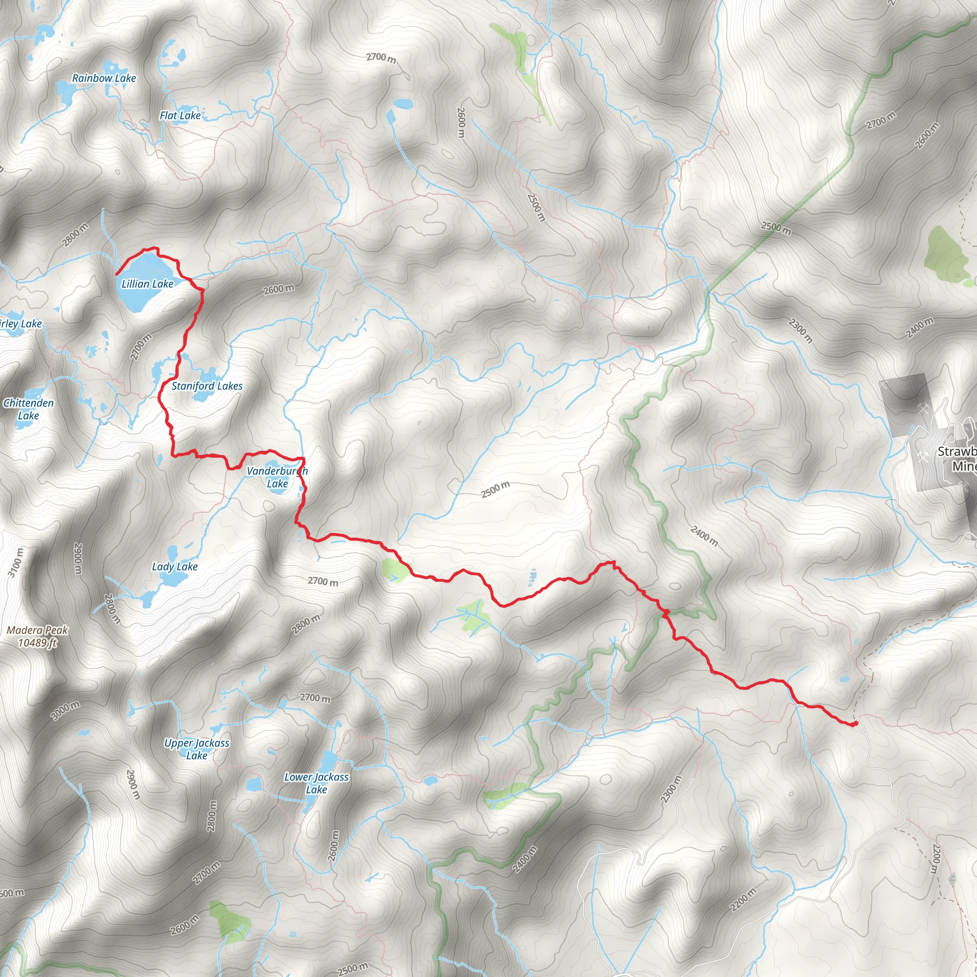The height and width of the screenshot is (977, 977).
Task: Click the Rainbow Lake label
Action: (x=104, y=78)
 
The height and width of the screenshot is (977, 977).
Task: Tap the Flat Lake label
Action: (x=180, y=116)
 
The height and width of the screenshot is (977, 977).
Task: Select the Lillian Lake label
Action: (x=147, y=284)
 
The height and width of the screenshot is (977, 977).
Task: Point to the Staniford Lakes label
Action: (x=207, y=386)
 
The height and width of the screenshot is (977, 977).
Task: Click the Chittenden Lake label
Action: (x=28, y=409)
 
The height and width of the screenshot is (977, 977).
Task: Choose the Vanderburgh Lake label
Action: (x=277, y=478)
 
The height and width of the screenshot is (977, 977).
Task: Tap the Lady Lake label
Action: (x=175, y=567)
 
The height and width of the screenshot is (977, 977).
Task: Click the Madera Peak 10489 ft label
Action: (x=37, y=636)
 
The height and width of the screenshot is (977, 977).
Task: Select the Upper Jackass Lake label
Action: (x=197, y=749)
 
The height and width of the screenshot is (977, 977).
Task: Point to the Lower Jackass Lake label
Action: (x=317, y=783)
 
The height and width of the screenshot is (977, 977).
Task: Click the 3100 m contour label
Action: (x=16, y=562)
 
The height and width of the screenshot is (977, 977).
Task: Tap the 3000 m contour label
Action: (x=65, y=710)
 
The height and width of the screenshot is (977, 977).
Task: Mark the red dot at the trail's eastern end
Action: (x=854, y=724)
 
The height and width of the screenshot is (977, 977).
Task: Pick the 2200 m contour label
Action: (x=743, y=900)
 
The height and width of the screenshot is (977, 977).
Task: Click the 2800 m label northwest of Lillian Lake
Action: (x=75, y=235)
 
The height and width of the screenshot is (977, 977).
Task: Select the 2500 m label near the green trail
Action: (x=776, y=229)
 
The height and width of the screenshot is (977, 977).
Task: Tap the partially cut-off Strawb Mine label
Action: (x=957, y=458)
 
